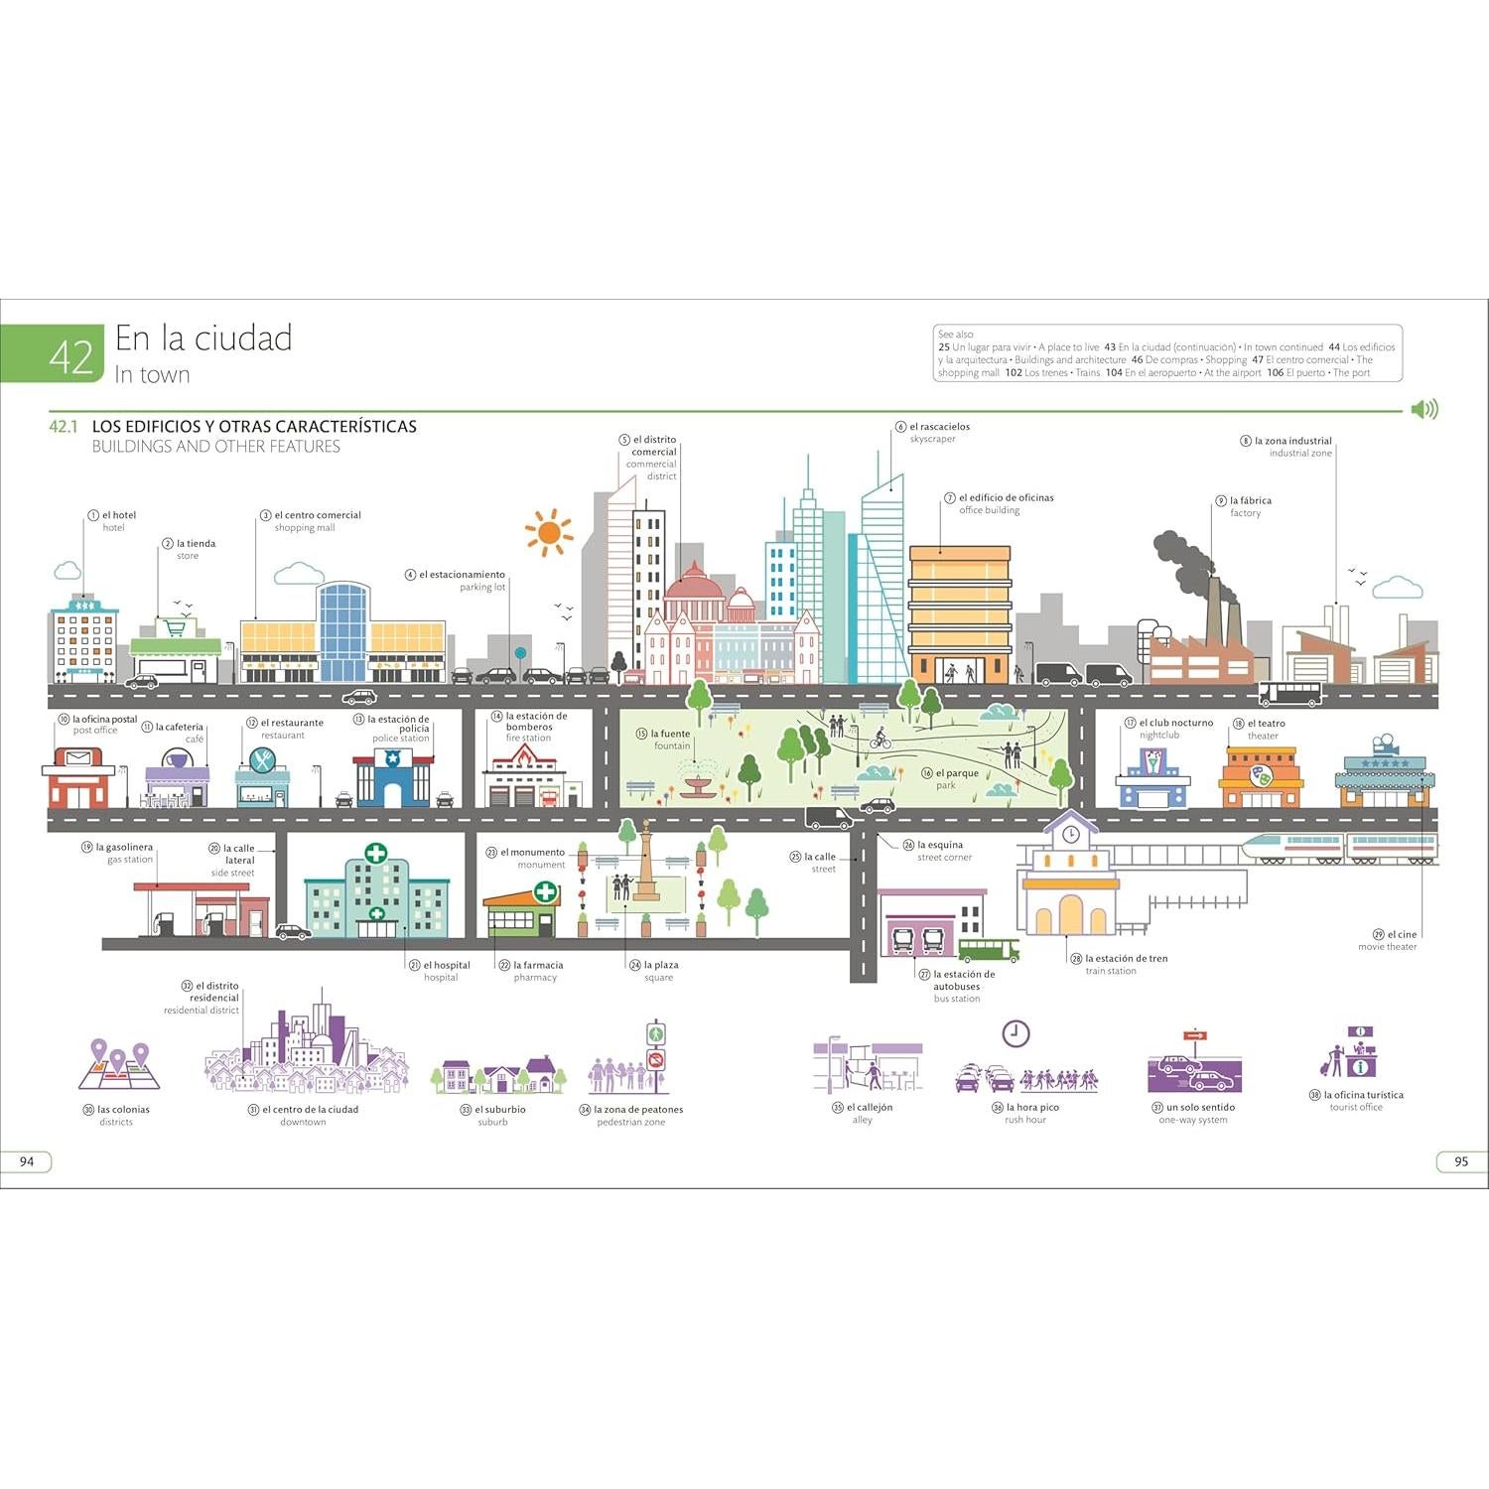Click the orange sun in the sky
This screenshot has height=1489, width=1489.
[549, 533]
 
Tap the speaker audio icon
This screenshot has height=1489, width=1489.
[1424, 409]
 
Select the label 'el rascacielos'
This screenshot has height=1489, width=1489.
[939, 427]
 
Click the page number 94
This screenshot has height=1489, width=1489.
[27, 1161]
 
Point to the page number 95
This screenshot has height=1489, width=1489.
[1460, 1161]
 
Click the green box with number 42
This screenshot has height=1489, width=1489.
[53, 354]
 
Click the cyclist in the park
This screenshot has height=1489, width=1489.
[880, 739]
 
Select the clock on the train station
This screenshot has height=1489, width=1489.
[1070, 835]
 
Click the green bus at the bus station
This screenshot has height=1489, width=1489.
[988, 950]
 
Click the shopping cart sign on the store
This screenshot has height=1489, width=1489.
[176, 627]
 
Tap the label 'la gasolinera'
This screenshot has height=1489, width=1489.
[124, 848]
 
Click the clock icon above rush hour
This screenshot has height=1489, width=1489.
[1015, 1033]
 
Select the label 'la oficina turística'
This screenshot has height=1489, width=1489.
[1363, 1095]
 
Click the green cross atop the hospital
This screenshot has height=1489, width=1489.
[375, 853]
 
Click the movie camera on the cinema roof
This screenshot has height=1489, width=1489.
[1383, 744]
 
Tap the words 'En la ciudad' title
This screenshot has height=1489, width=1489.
[203, 338]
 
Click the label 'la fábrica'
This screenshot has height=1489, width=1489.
[1250, 500]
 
